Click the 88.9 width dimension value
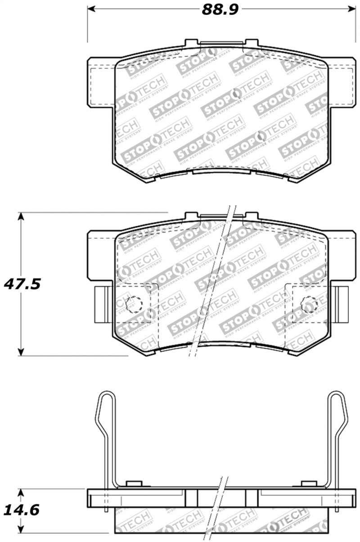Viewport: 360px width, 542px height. (220, 9)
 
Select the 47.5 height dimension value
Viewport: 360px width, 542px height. (22, 285)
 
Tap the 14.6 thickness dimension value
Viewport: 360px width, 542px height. (21, 510)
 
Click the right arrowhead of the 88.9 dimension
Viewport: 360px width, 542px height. (351, 9)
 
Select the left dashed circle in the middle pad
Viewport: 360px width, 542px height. (133, 305)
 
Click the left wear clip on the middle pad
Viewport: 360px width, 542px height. (102, 305)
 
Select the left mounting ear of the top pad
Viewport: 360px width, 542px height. (101, 81)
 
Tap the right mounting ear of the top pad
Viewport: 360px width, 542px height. (341, 81)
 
